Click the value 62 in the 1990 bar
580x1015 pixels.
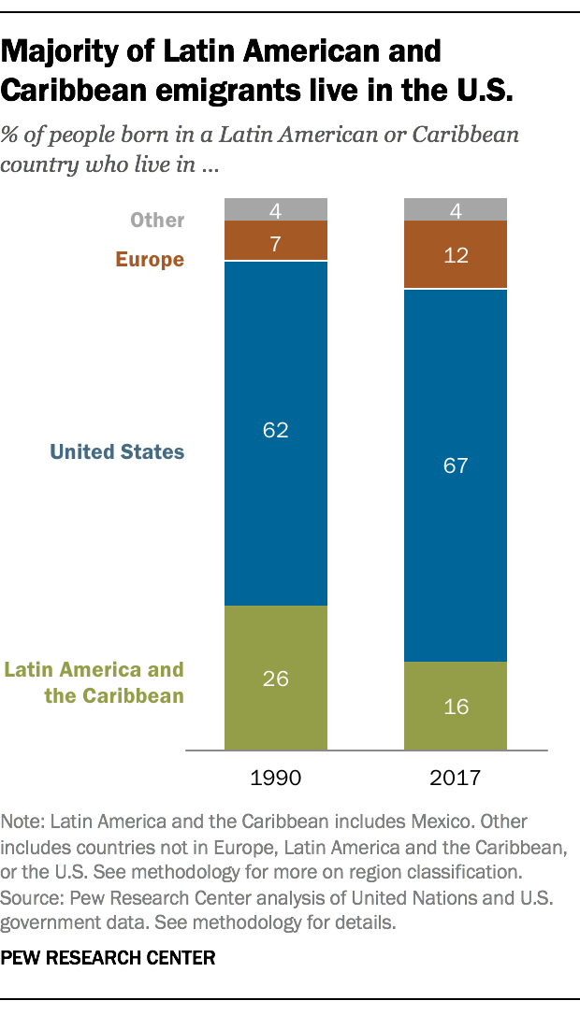coord(276,431)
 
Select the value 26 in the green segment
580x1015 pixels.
coord(276,679)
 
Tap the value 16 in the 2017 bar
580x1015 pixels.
coord(456,707)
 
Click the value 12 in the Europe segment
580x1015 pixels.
coord(456,255)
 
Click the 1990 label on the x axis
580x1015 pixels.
coord(276,778)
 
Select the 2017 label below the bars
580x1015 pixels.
coord(456,778)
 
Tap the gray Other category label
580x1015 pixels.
coord(157,221)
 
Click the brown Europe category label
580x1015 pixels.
coord(150,260)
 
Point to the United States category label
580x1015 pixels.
coord(117,452)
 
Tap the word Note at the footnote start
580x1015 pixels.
coord(22,822)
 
